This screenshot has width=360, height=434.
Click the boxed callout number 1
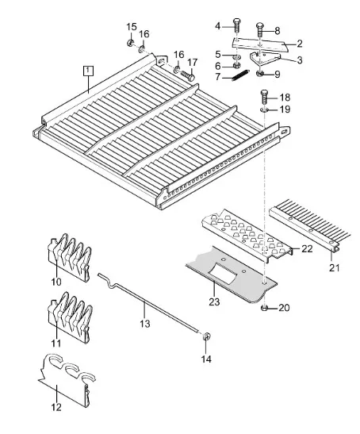(88, 71)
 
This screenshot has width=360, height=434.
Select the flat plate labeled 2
(259, 44)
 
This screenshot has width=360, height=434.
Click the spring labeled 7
(240, 75)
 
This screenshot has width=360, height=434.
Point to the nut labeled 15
(129, 43)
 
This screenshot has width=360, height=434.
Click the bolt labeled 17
(188, 75)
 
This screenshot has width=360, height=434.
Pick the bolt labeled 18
(265, 98)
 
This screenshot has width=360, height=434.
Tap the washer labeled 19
(264, 109)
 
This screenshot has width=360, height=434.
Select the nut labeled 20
(264, 308)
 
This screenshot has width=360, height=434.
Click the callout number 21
(334, 267)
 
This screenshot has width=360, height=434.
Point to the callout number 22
(307, 249)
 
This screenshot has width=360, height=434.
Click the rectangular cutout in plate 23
(223, 274)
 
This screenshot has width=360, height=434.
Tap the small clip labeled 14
(206, 336)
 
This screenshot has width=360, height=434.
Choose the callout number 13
(145, 323)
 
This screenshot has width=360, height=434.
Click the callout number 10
(56, 282)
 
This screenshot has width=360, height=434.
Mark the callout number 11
(56, 344)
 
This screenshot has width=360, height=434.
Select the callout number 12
(56, 407)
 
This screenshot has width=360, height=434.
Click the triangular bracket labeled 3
(263, 59)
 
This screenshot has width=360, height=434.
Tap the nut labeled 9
(260, 73)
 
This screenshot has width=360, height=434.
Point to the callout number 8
(278, 30)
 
